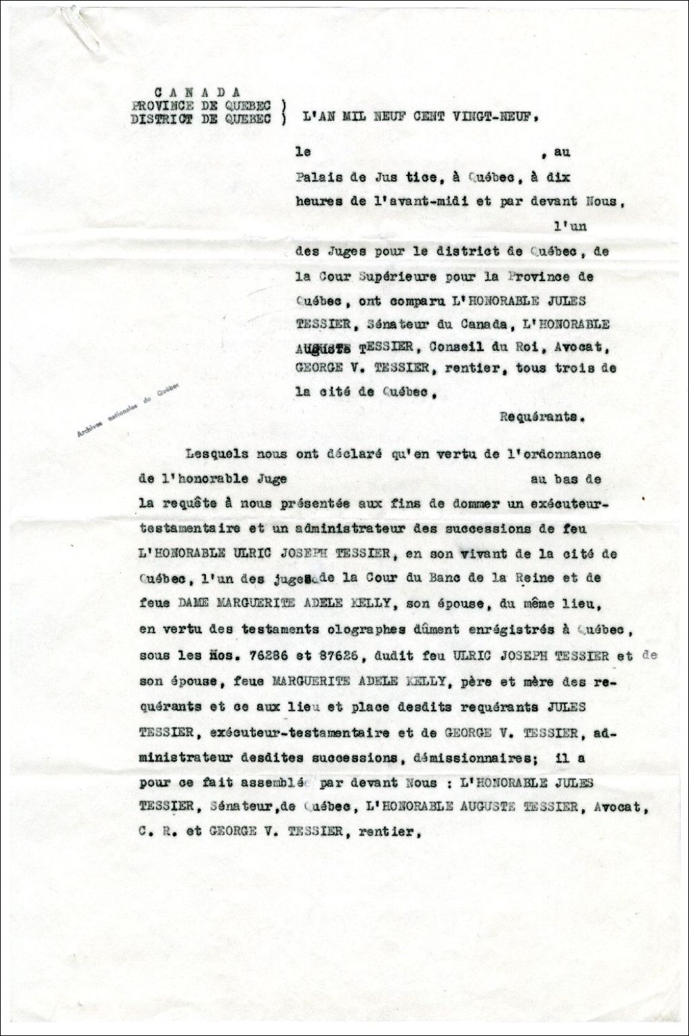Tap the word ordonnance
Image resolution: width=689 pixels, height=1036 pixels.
(x=561, y=454)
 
